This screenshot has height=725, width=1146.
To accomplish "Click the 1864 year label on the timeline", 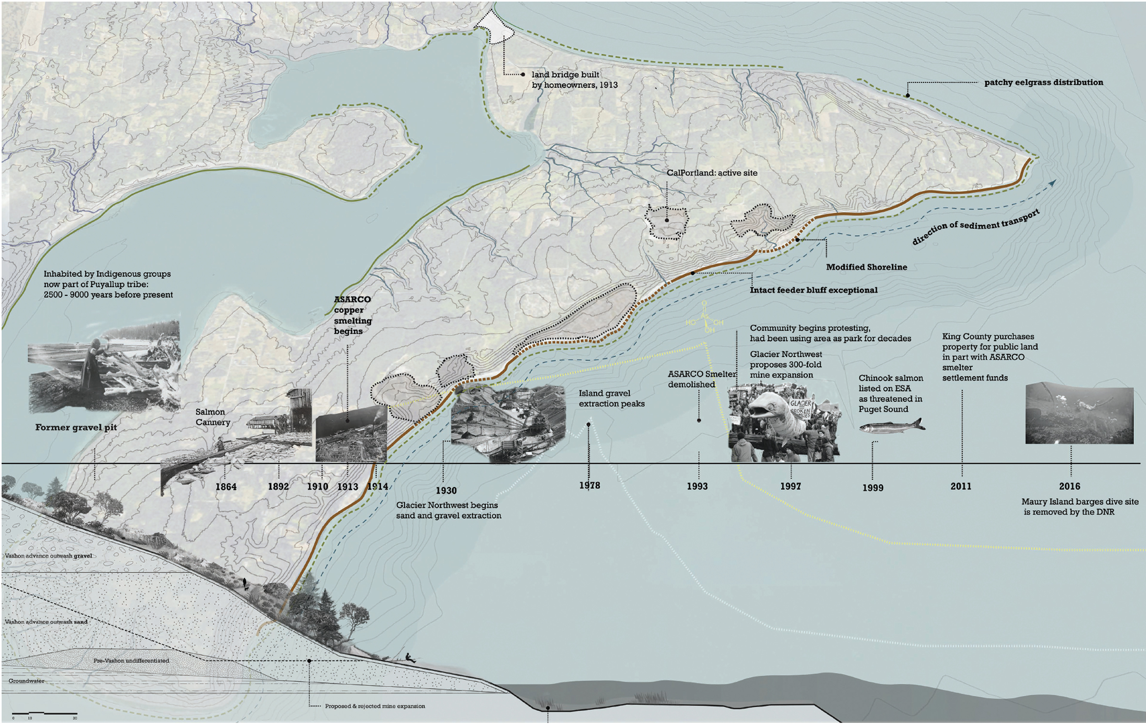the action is click(226, 487).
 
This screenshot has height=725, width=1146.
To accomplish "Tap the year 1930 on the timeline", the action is click(446, 490).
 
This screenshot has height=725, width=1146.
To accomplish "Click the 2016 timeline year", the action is click(1069, 486).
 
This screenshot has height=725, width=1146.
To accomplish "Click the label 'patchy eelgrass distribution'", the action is click(1043, 82).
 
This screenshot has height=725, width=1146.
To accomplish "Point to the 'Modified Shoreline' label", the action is click(866, 267).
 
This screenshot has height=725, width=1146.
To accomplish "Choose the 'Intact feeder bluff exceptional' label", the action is click(813, 290).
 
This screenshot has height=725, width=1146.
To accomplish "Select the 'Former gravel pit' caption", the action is click(76, 427).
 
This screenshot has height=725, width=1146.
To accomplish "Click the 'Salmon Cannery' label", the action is click(212, 417).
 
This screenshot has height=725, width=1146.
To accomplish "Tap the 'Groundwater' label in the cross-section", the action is click(26, 681).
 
